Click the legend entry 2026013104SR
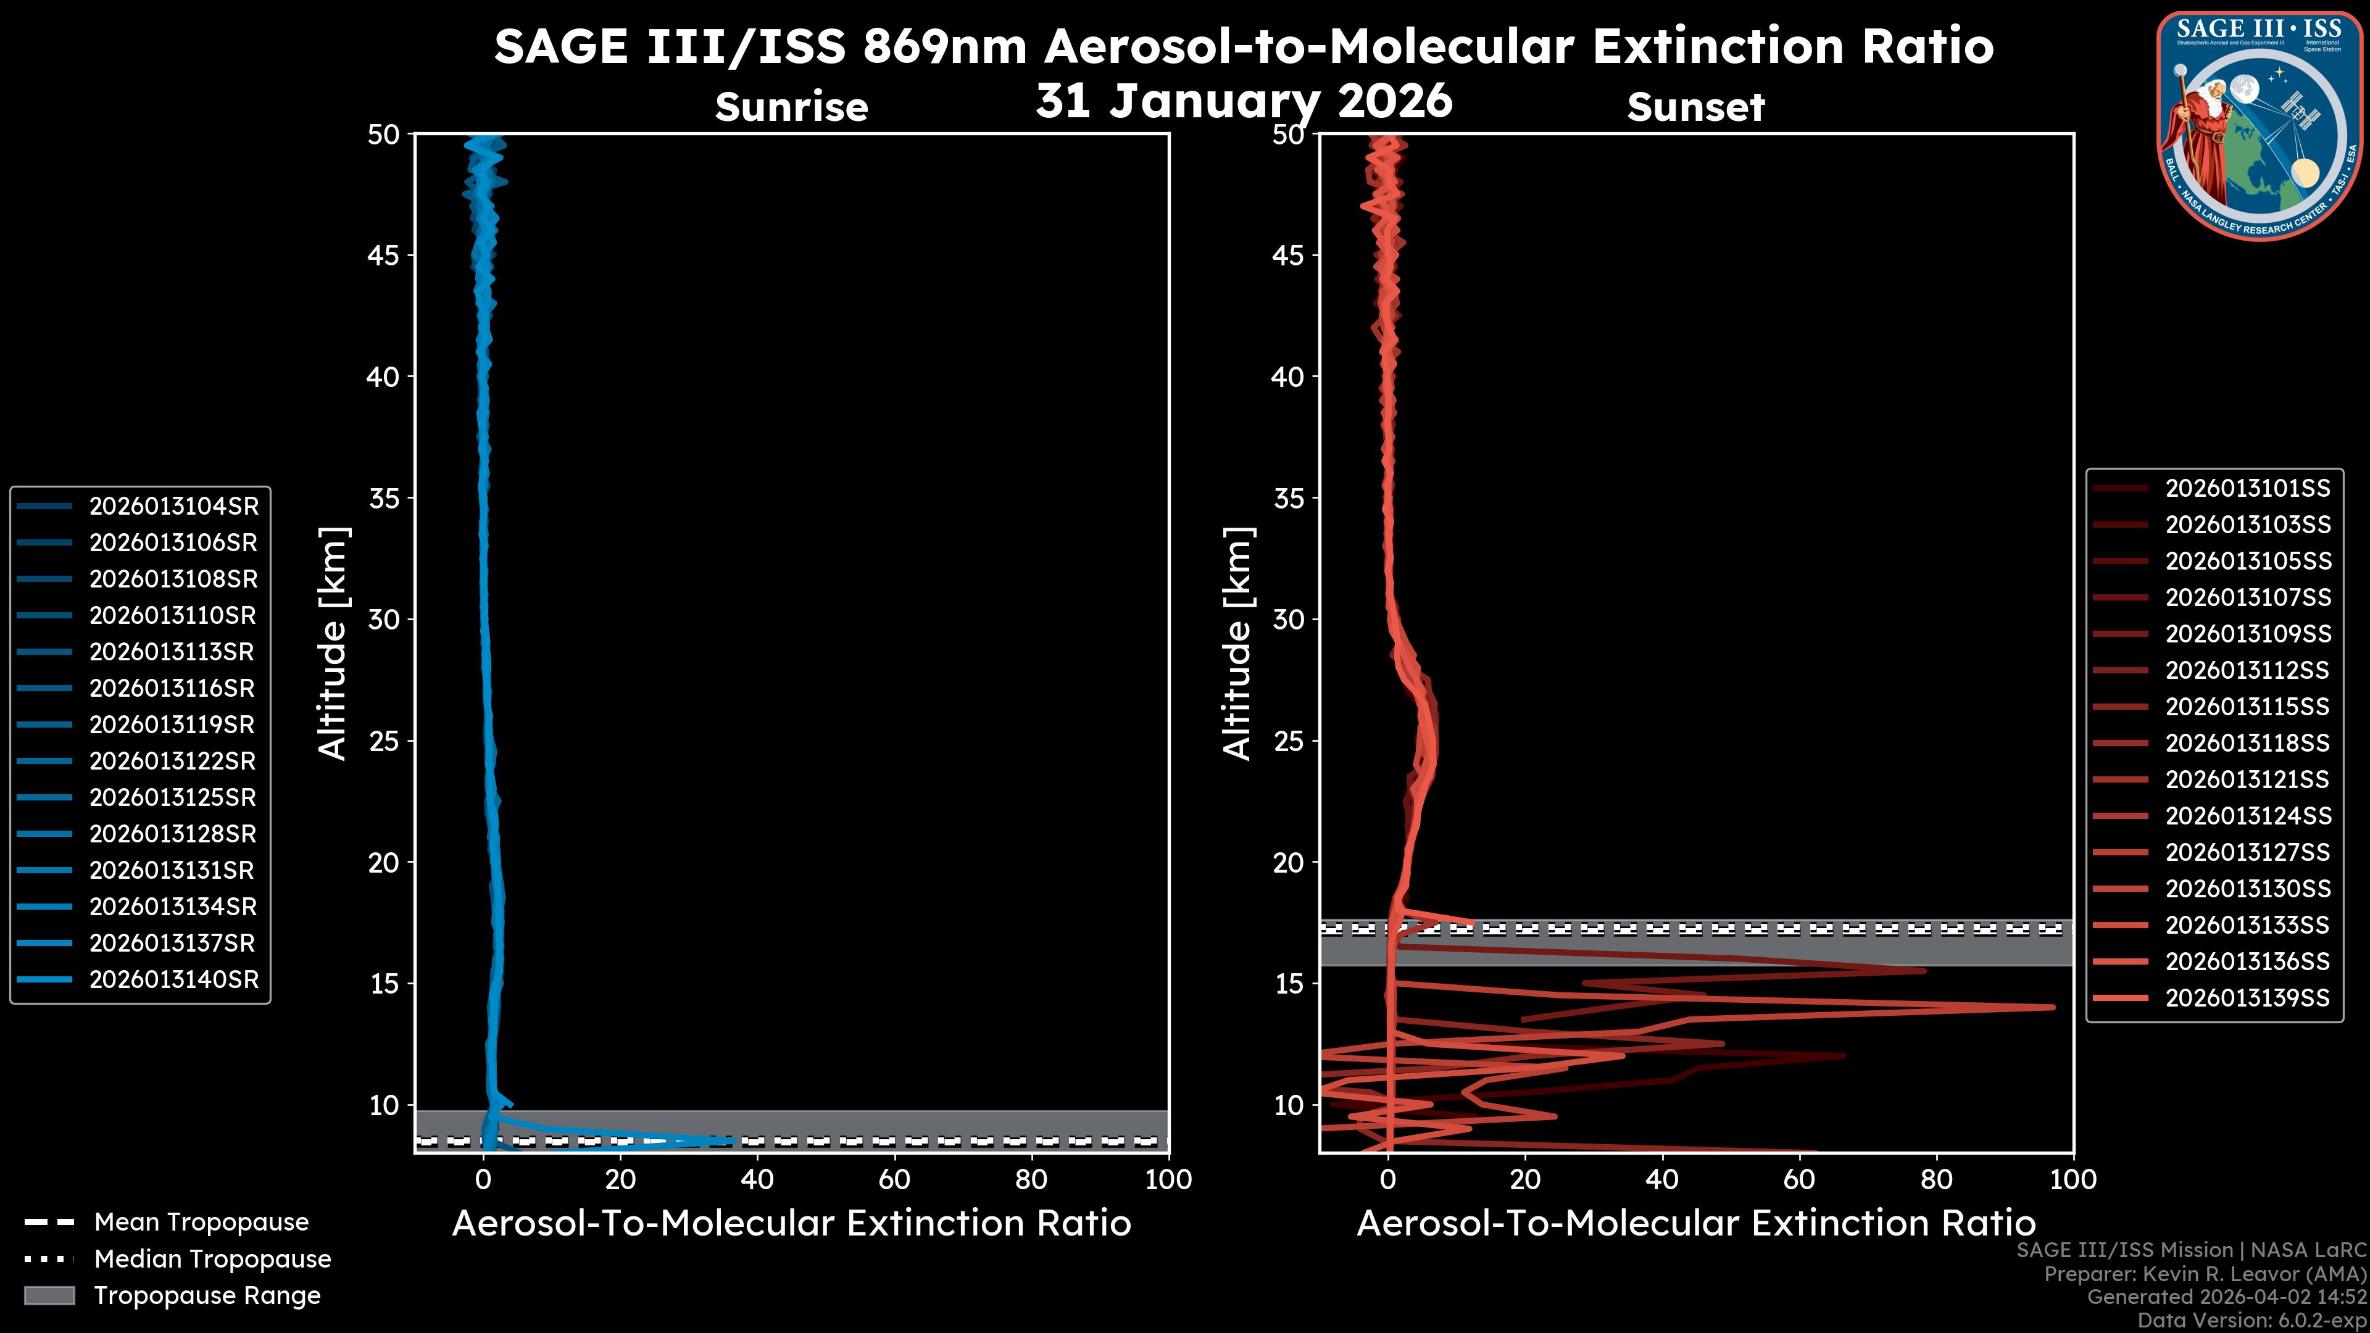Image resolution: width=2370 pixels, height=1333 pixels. [173, 506]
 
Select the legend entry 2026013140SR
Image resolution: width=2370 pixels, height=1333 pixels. [173, 980]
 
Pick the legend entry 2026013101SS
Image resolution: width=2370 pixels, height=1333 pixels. [2248, 489]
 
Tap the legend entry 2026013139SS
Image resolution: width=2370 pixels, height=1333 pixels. [2248, 998]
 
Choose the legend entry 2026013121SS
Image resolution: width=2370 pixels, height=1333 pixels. [2248, 780]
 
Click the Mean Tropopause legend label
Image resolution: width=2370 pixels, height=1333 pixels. [201, 1223]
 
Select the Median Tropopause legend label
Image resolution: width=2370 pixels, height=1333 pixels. [212, 1260]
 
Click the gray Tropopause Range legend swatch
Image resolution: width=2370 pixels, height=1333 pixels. [49, 1296]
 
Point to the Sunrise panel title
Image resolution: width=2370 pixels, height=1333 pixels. [791, 107]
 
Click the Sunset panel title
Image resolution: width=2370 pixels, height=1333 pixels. [1695, 107]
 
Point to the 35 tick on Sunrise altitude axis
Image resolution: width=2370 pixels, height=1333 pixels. [385, 499]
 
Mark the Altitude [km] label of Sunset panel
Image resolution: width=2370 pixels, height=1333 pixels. [1238, 644]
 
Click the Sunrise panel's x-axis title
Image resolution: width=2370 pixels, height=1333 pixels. [791, 1224]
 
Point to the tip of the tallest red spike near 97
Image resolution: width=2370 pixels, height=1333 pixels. [2053, 1007]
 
